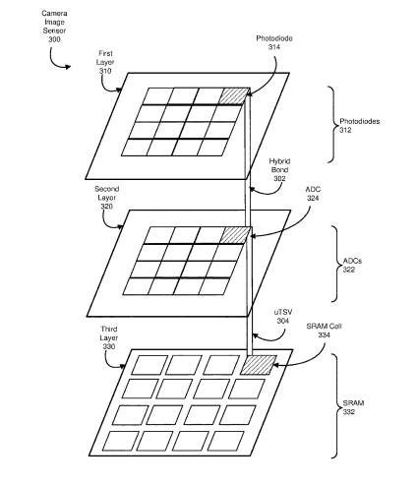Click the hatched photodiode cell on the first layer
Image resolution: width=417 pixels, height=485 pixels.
pos(234,96)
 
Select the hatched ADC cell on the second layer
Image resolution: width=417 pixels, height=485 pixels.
pos(236,235)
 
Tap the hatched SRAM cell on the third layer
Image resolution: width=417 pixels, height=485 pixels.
pos(259,365)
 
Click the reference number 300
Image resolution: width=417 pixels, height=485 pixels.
pos(54,39)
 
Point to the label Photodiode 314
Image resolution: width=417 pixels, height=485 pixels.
pos(274,42)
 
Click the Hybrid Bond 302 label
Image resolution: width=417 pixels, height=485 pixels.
pos(279,170)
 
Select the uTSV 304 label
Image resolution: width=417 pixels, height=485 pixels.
pos(283,317)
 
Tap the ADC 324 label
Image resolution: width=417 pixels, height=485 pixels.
pos(313,194)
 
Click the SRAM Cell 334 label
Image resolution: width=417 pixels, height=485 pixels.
pos(324,331)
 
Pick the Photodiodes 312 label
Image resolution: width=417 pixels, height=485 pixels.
pos(359,126)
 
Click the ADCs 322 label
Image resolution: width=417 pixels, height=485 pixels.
pos(352,266)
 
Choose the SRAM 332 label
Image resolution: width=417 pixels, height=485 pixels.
pos(353,407)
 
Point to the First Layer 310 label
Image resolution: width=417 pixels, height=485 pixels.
pos(105,62)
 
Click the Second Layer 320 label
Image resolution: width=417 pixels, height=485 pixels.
pos(107,198)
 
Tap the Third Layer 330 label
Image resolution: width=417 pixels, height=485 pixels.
pos(109,337)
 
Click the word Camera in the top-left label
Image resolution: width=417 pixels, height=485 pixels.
pos(54,14)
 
